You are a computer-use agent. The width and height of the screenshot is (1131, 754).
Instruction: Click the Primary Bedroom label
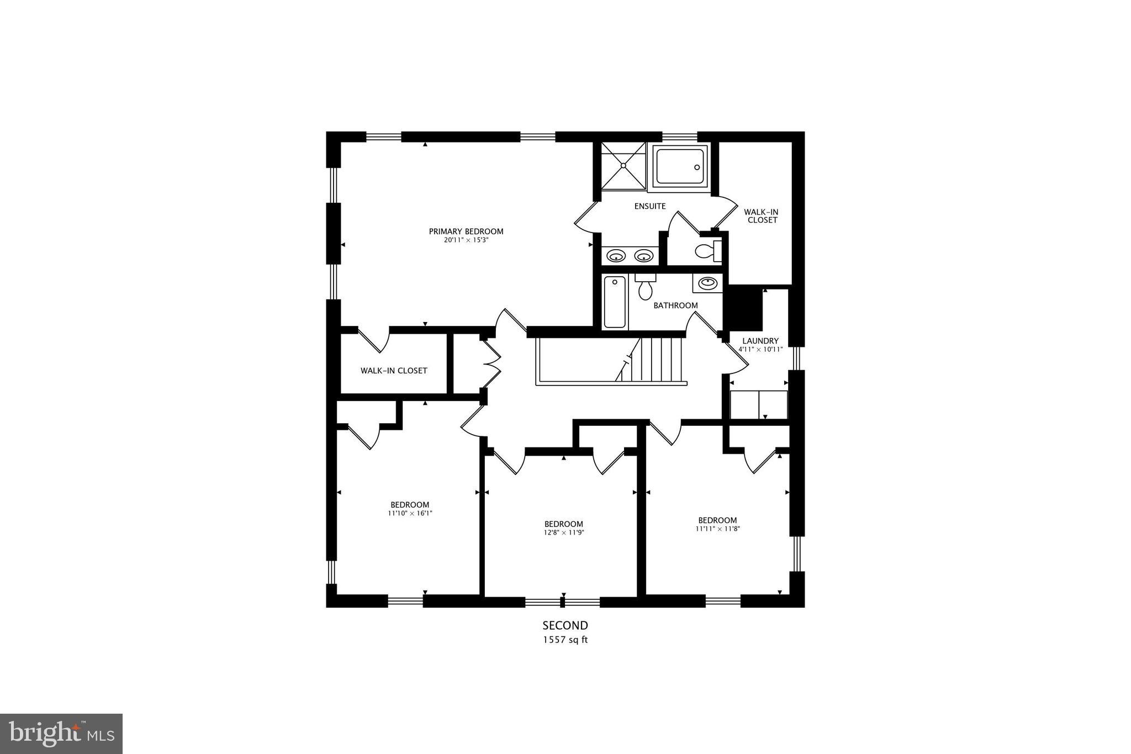466,231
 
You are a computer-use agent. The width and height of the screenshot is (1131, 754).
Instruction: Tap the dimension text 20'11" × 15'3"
466,240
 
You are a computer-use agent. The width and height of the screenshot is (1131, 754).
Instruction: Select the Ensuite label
650,206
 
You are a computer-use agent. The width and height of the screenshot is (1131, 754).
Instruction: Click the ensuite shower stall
623,164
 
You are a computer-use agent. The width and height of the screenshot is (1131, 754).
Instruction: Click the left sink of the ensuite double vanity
616,256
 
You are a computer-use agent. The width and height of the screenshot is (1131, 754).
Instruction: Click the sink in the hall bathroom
707,283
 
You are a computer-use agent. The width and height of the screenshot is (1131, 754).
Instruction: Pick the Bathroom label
675,305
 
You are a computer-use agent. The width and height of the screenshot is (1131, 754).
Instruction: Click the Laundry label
760,341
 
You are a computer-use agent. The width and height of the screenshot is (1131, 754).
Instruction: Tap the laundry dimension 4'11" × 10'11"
760,349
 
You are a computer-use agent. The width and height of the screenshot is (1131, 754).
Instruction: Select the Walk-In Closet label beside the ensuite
760,216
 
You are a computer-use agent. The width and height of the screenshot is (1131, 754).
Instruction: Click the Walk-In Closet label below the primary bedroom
394,371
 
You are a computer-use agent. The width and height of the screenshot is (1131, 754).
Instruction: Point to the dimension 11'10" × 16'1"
410,513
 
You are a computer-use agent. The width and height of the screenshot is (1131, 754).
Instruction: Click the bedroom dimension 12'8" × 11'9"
563,532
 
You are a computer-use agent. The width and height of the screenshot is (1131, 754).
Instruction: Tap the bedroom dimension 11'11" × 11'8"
717,529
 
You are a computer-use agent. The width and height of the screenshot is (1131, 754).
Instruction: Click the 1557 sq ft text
565,640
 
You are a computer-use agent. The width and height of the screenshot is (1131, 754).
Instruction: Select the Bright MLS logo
61,734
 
